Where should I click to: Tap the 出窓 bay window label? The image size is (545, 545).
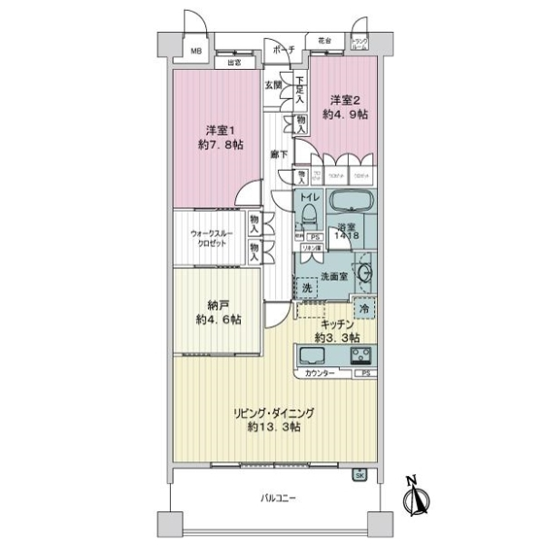233,63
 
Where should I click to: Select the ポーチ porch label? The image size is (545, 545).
283,50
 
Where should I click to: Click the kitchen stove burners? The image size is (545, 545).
361,354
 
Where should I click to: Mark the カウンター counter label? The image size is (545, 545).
319,373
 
